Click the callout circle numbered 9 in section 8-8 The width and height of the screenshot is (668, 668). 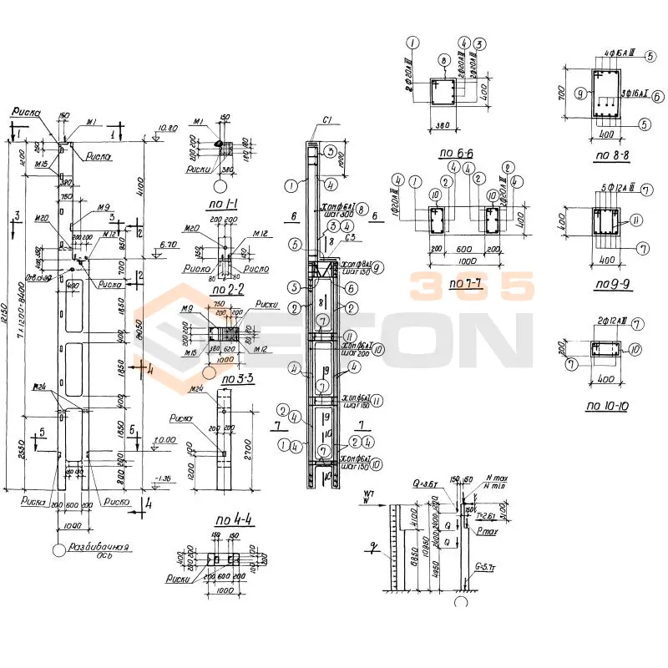578,94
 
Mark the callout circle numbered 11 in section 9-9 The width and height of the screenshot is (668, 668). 638,220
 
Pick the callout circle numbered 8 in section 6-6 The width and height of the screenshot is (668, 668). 445,60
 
